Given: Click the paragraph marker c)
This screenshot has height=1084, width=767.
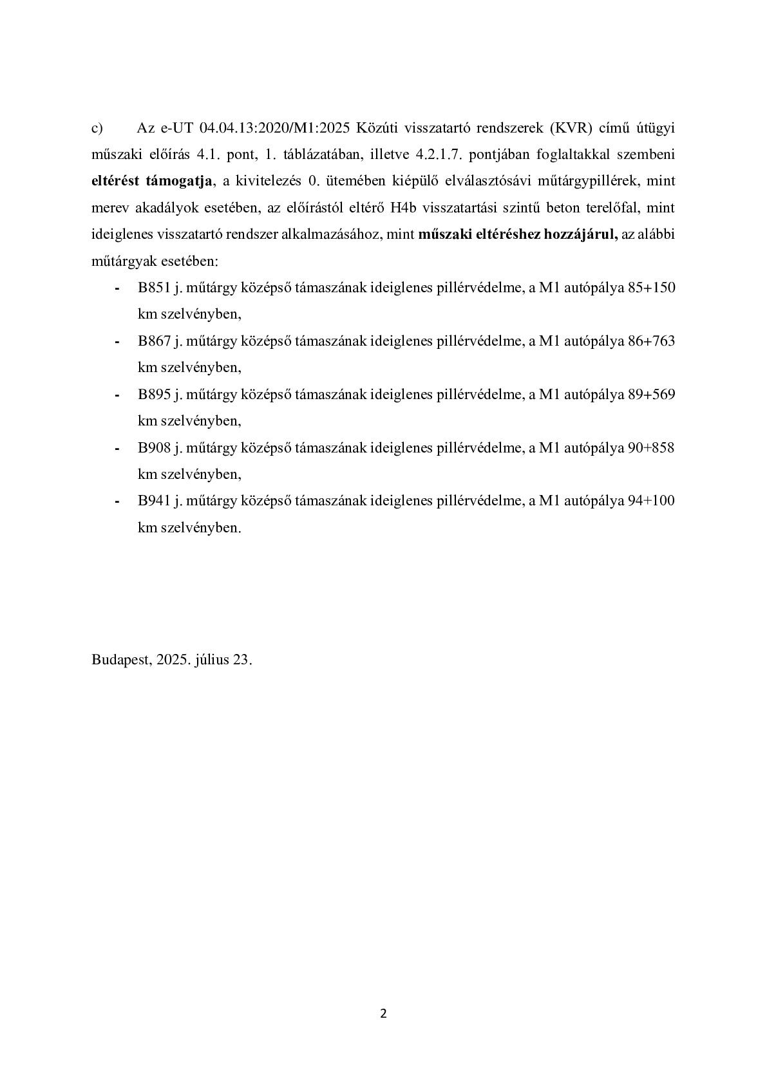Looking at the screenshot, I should click(x=97, y=128).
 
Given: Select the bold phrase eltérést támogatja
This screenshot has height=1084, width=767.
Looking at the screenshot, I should click(x=152, y=182).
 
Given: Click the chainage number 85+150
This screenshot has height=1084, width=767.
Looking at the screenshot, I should click(x=651, y=288).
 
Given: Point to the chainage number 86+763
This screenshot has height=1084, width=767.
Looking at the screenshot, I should click(x=651, y=341).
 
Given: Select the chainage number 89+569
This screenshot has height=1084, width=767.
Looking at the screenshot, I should click(x=651, y=395).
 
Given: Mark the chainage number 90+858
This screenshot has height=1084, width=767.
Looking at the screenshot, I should click(x=651, y=447).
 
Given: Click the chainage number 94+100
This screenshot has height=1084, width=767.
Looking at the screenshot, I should click(x=651, y=501).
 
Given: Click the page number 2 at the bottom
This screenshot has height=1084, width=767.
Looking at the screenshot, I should click(x=384, y=1014).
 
